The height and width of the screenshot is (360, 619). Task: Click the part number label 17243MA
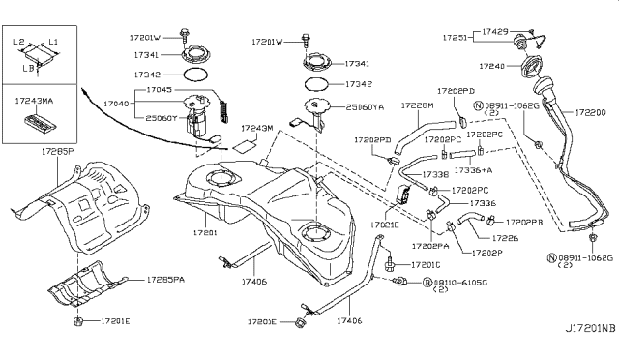(36, 99)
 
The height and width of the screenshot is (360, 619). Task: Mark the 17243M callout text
(257, 128)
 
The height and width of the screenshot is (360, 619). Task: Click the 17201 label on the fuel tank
(204, 232)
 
